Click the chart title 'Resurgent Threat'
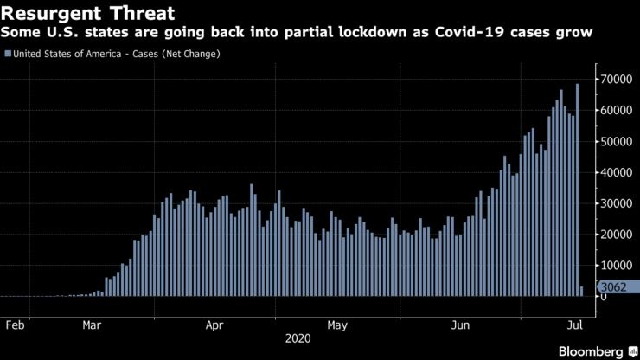(88, 13)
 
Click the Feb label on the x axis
(15, 326)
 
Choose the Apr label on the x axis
(215, 326)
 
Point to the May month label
(337, 326)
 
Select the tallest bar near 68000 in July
(577, 190)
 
